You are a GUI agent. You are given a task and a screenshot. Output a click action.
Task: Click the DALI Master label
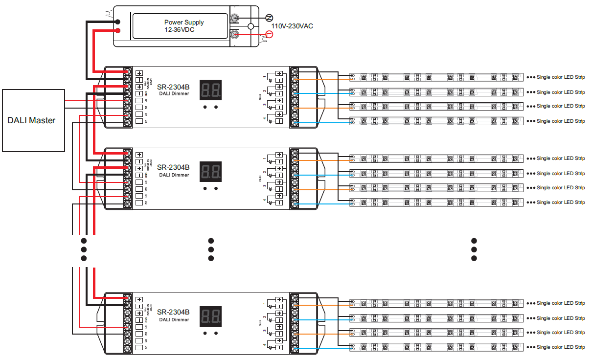click(31, 120)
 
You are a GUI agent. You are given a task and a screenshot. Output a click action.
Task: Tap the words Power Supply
click(184, 22)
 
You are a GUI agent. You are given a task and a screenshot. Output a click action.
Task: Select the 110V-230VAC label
click(293, 26)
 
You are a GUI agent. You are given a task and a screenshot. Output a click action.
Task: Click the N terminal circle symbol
click(268, 18)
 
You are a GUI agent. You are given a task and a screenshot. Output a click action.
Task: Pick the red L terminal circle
click(268, 34)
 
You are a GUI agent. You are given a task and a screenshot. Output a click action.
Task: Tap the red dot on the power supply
click(118, 30)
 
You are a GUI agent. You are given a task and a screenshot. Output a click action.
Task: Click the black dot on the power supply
click(118, 22)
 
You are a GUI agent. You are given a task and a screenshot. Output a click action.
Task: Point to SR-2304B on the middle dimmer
click(173, 167)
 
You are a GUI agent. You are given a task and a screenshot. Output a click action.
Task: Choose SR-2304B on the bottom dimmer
click(173, 312)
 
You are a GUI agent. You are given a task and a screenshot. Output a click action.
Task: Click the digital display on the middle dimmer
click(210, 171)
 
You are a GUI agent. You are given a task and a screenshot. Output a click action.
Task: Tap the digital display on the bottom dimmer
click(210, 316)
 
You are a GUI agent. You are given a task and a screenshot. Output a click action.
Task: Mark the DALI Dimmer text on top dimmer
click(174, 94)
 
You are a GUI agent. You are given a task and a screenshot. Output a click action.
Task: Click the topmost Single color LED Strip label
click(561, 77)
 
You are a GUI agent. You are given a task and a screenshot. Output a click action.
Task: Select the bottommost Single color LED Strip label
click(561, 347)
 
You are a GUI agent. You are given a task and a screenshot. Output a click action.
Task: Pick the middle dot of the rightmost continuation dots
click(474, 249)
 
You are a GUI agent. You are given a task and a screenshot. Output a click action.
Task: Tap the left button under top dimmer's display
click(205, 107)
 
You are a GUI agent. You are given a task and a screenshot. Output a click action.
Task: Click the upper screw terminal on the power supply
click(235, 18)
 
